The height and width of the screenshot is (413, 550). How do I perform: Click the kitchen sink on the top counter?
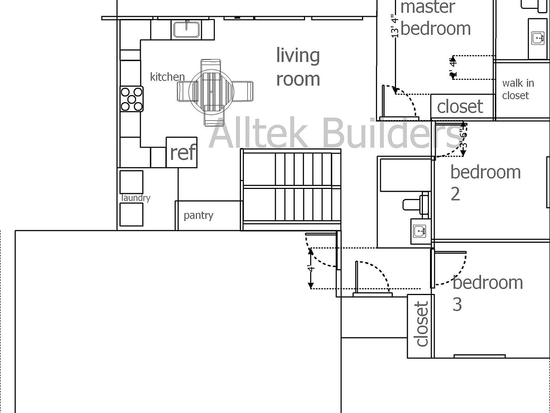click(x=186, y=29)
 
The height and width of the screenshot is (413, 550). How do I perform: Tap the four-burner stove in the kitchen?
click(x=131, y=99)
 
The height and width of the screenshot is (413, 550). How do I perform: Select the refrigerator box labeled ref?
click(x=182, y=152)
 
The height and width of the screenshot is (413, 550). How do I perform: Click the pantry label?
click(x=198, y=215)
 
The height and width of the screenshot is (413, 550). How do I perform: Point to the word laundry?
click(x=136, y=198)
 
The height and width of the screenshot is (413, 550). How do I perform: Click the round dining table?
click(x=211, y=92)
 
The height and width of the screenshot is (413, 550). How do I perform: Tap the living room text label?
click(x=298, y=67)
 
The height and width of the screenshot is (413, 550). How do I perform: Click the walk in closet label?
click(x=518, y=89)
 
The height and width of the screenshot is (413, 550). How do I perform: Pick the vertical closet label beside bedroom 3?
click(x=422, y=324)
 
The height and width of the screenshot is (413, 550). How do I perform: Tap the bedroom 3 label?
click(x=487, y=293)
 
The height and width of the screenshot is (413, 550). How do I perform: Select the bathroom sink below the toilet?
click(x=420, y=231)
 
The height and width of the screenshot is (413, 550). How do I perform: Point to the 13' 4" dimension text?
click(x=394, y=26)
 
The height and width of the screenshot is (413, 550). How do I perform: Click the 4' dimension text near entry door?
click(x=311, y=268)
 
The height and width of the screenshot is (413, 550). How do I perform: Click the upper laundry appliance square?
click(x=131, y=182)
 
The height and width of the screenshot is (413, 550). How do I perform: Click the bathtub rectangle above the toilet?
click(x=405, y=175)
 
